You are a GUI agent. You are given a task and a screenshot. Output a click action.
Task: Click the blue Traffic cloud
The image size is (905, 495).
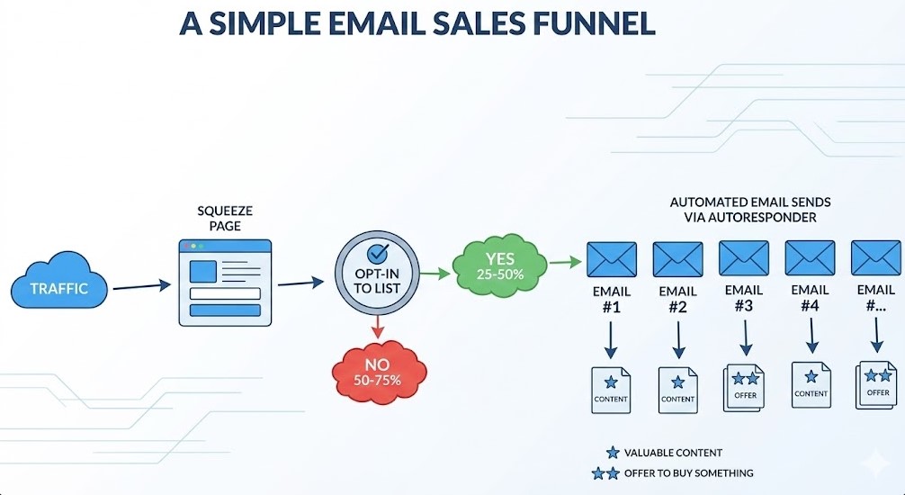pyautogui.click(x=59, y=288)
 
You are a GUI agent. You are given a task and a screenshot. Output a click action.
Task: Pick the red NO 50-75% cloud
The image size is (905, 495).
pyautogui.click(x=378, y=370)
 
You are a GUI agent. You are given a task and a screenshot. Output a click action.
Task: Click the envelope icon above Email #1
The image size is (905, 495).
pyautogui.click(x=612, y=258)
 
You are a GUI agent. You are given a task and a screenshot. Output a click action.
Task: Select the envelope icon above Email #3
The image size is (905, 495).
pyautogui.click(x=744, y=257)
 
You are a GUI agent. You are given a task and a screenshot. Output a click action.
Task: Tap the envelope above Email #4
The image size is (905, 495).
pyautogui.click(x=810, y=257)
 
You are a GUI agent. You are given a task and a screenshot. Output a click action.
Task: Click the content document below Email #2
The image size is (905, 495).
pyautogui.click(x=677, y=390)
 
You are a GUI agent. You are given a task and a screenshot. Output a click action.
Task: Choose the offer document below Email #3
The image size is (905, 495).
pyautogui.click(x=745, y=387)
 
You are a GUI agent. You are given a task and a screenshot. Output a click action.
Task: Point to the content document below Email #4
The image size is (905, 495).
pyautogui.click(x=811, y=384)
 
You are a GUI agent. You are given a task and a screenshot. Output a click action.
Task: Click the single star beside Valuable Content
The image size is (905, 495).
pyautogui.click(x=614, y=453)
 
